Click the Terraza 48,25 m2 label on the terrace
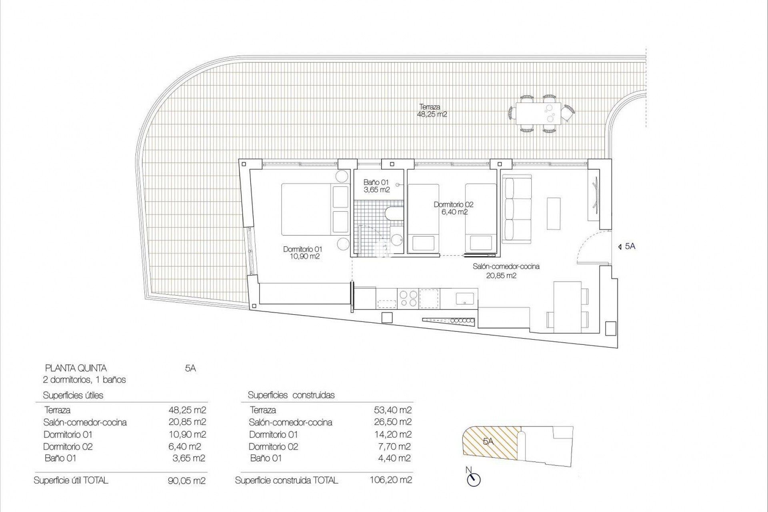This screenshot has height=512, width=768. (x=432, y=110)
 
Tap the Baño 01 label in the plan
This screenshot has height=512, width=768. (x=376, y=186)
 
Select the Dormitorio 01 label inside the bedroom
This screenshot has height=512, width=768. (x=302, y=253)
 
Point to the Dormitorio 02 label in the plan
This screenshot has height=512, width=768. (x=453, y=208)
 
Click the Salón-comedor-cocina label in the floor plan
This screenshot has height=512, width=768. (x=506, y=271)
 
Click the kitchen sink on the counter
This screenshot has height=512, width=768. (x=465, y=298)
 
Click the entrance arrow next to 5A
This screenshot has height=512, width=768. (x=620, y=247)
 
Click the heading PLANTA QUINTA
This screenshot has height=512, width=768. (x=76, y=368)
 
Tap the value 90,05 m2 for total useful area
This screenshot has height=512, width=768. (x=187, y=480)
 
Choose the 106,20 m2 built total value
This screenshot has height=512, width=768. (x=391, y=480)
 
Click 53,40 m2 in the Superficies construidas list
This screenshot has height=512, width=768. (x=392, y=410)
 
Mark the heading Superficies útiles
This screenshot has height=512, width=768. (x=73, y=395)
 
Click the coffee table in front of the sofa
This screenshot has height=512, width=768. (x=554, y=214)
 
